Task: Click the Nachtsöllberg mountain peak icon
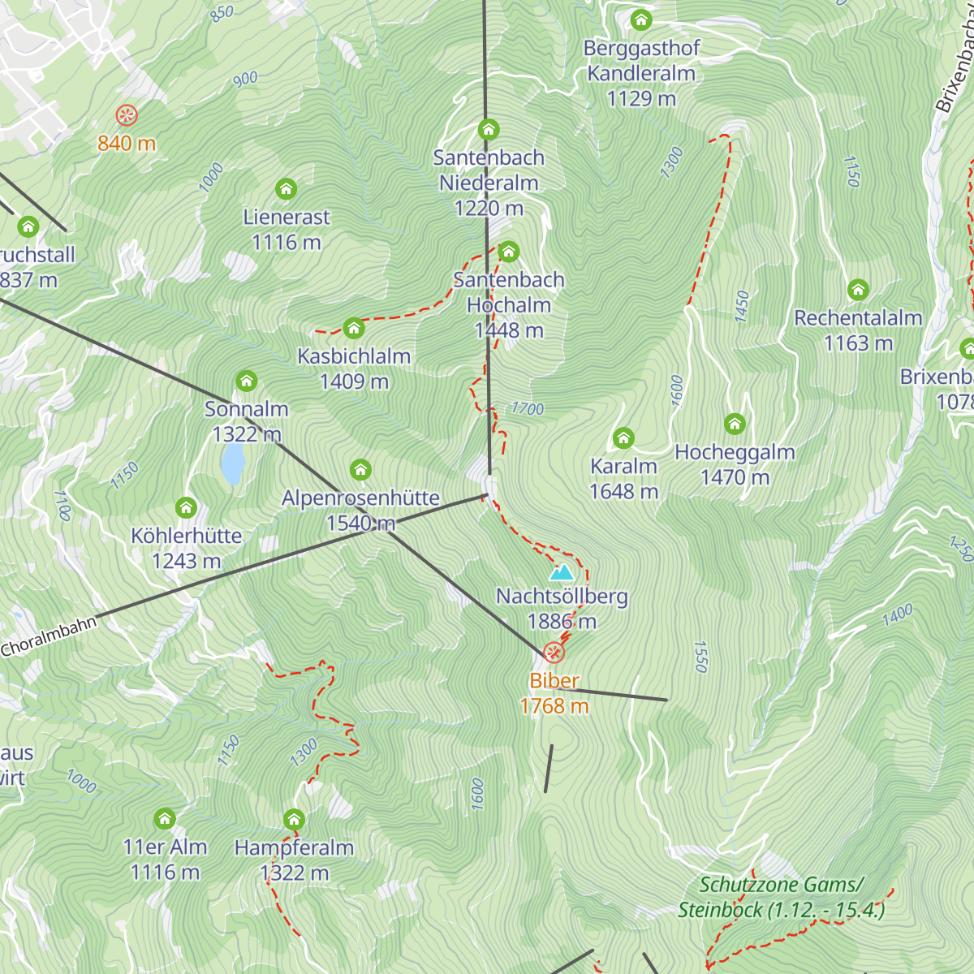(x=561, y=573)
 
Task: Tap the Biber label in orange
(x=554, y=681)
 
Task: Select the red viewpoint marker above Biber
(x=554, y=652)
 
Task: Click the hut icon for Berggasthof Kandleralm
(x=641, y=20)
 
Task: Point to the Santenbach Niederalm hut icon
(x=488, y=130)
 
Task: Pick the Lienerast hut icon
(x=286, y=189)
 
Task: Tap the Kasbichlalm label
(x=354, y=356)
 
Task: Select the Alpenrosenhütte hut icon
(x=360, y=470)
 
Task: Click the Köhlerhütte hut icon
(x=186, y=508)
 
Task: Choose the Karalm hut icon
(x=623, y=438)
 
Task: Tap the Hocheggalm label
(x=735, y=452)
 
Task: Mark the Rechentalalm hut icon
(x=858, y=290)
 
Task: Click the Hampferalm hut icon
(x=294, y=820)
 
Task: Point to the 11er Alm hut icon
(x=165, y=819)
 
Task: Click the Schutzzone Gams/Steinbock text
(x=781, y=897)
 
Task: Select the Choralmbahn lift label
(x=49, y=636)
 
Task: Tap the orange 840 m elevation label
(x=127, y=144)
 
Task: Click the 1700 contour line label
(x=528, y=409)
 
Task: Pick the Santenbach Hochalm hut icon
(x=509, y=252)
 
